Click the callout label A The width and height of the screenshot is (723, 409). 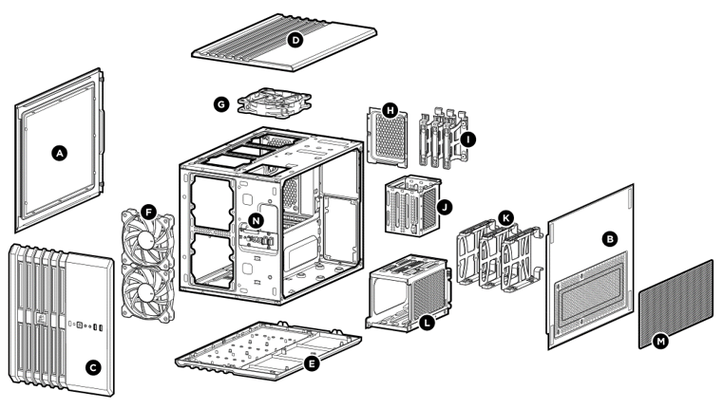60,152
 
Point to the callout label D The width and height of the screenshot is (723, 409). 295,40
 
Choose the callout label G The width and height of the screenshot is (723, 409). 221,103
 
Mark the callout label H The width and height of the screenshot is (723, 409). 389,111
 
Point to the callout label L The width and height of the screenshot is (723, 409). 428,324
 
